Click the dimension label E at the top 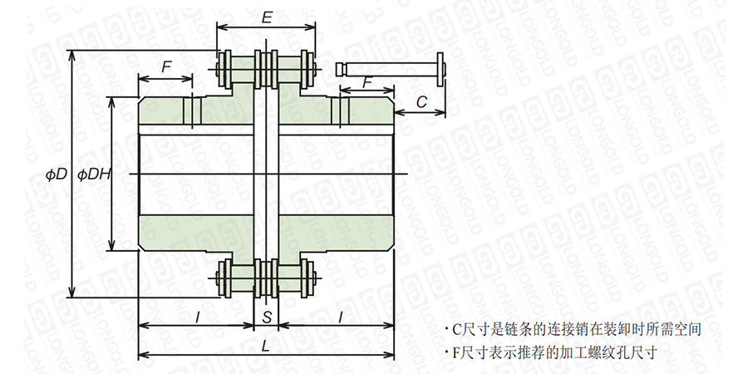(266, 17)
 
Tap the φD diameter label (57, 175)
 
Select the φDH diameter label (94, 175)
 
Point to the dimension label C (421, 101)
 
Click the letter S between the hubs (266, 317)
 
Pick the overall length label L (264, 349)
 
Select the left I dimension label (197, 317)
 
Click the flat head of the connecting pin (440, 66)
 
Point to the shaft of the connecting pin (386, 66)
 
